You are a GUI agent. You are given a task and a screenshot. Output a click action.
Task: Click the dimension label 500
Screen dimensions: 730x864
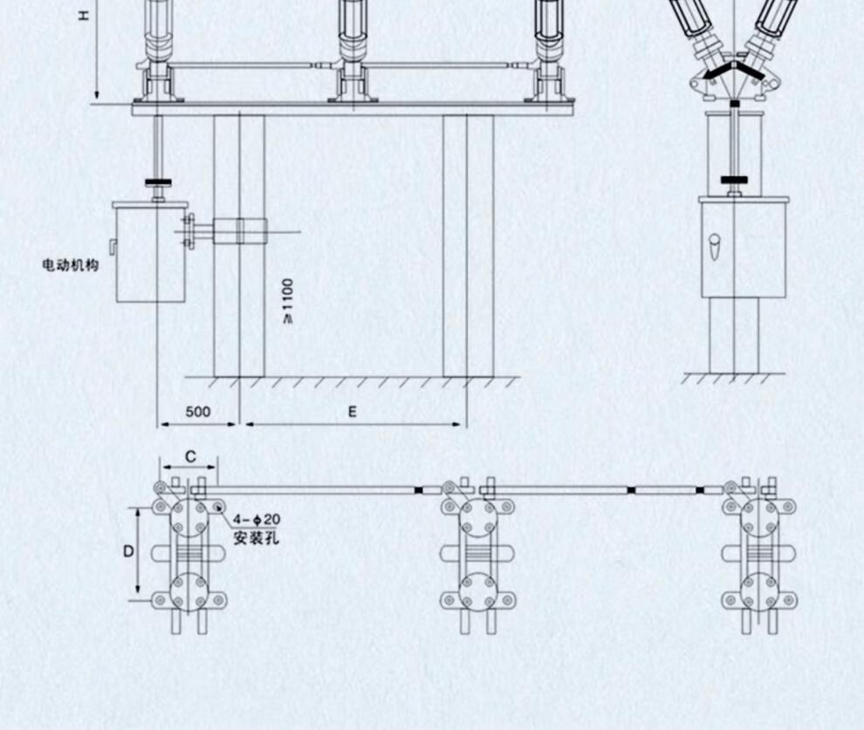198,413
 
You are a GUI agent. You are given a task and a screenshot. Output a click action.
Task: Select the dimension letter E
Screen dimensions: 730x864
352,413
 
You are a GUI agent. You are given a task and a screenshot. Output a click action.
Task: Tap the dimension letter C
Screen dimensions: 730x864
190,457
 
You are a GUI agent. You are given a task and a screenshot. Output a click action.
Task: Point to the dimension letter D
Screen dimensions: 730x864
128,551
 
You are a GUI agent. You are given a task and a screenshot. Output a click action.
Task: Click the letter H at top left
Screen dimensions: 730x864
84,15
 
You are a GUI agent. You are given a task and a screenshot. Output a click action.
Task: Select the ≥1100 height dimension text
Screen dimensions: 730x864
288,300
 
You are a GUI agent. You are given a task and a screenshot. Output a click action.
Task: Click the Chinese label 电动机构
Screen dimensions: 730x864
71,264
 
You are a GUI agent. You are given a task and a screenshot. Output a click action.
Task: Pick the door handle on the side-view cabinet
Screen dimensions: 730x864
715,249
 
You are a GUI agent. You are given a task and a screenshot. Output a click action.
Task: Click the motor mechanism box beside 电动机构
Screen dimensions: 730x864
150,252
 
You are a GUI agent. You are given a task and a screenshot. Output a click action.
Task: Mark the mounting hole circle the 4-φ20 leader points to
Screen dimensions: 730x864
216,504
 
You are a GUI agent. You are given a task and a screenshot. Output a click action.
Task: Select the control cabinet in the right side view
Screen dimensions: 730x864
744,249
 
